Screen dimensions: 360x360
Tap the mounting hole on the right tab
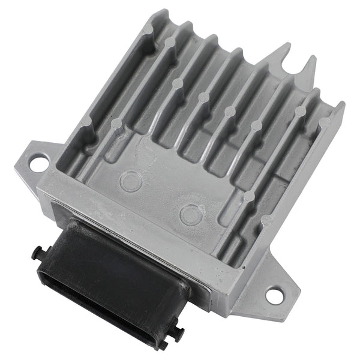coord(273,295)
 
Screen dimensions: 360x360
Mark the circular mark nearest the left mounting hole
coord(131,179)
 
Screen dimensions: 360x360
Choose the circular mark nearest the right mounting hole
coord(191,214)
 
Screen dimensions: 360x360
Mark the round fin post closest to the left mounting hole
coord(86,120)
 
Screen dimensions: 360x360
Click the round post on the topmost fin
coord(171,42)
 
